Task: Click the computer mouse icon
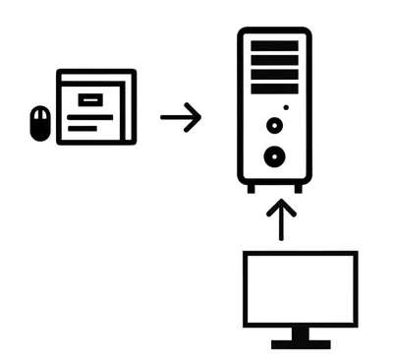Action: pos(39,123)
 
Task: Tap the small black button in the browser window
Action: pos(89,98)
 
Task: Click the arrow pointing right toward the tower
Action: pos(181,118)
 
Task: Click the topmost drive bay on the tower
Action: pos(274,45)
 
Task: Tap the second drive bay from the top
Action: pos(274,59)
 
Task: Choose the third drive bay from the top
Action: pos(274,73)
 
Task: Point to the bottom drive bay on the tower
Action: pos(274,87)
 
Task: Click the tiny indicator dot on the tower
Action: pos(286,106)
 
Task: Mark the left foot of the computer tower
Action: pos(252,187)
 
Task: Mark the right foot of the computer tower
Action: pos(297,187)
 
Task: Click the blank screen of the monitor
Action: pos(300,289)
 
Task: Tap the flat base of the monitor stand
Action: pos(300,343)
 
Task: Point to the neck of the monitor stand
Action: pos(300,333)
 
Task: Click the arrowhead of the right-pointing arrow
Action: pos(196,118)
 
